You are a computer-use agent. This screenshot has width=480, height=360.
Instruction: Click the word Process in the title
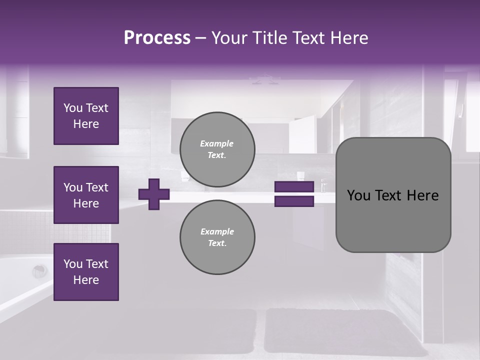coord(157,38)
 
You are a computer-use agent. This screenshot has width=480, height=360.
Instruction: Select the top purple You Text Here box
coord(86,116)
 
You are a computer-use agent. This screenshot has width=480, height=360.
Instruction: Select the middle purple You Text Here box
coord(86,195)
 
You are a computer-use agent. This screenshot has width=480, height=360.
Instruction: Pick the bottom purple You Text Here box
coord(86,272)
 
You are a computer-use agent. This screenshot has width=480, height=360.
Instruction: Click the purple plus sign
coord(154,194)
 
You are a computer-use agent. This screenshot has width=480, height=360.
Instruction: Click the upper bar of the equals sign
coord(294,187)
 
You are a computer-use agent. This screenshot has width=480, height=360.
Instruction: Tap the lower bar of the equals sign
coord(294,201)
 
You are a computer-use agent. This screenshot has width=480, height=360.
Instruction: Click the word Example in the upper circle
coord(216,143)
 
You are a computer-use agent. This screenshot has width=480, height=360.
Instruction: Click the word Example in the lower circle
coord(217,231)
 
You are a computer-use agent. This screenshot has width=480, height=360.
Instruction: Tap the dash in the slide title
coord(200,38)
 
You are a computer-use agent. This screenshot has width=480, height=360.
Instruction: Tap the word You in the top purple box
coord(72,108)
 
